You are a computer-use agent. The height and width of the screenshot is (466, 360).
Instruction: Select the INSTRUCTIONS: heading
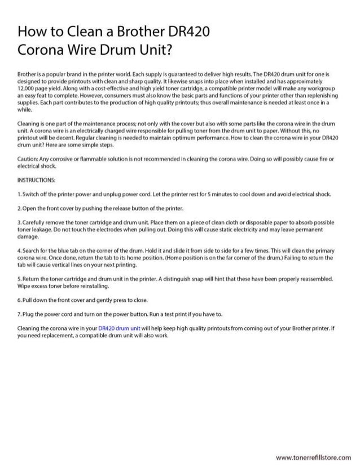[36, 181]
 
